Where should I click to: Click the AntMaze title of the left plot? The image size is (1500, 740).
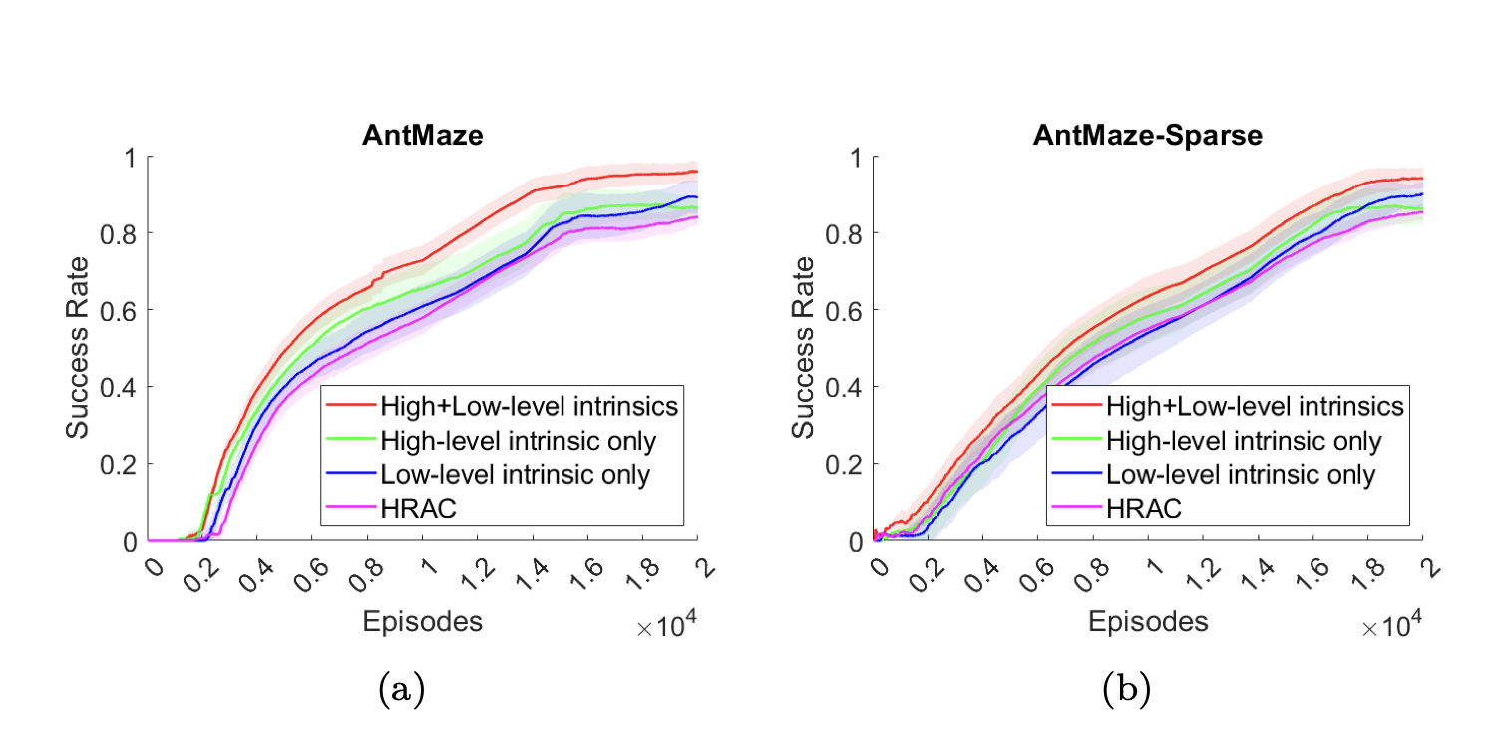tap(422, 136)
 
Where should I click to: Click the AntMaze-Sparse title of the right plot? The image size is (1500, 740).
tap(1147, 136)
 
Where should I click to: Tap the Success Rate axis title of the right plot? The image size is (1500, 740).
tap(804, 348)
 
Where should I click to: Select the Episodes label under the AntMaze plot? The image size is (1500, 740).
tap(422, 622)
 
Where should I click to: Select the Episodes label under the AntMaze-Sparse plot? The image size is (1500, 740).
tap(1148, 622)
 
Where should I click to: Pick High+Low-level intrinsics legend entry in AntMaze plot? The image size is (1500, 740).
tap(529, 406)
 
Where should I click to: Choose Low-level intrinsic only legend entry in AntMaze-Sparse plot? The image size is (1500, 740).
tap(1241, 475)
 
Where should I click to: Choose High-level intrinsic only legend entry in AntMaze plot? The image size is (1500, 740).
tap(516, 440)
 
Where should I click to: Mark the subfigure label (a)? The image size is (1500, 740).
tap(402, 688)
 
